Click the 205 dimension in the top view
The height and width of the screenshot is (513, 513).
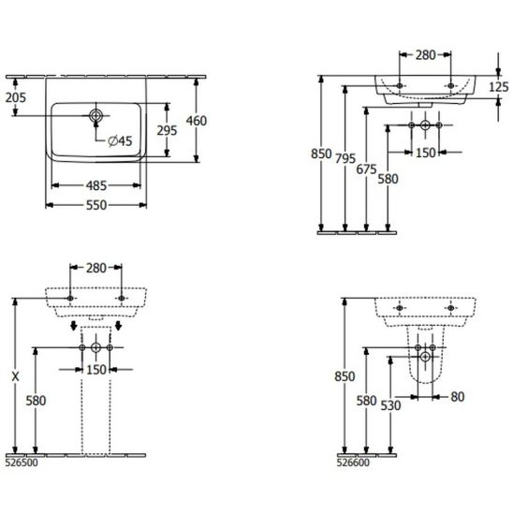pos(15,97)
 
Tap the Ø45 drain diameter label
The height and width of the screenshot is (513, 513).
pos(120,141)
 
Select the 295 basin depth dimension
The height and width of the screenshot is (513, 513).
pos(167,130)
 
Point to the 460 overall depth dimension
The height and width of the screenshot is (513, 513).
pos(197,121)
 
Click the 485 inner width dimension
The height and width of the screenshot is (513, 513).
pos(96,185)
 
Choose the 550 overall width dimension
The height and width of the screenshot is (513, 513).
pos(96,205)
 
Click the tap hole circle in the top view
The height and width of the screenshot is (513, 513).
pos(95,115)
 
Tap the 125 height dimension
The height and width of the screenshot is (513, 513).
pos(499,87)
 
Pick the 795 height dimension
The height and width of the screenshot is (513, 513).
pos(345,159)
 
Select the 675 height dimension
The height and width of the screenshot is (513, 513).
pos(366,169)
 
